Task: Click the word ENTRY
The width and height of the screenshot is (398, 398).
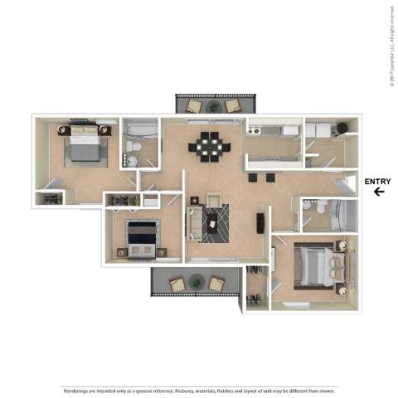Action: [x=378, y=182]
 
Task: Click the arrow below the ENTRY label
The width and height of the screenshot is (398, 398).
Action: [x=378, y=192]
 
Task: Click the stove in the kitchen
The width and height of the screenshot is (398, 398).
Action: [x=256, y=130]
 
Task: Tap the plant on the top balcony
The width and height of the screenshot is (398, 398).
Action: [x=214, y=106]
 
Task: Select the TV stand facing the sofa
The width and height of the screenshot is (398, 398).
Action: [x=260, y=222]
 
